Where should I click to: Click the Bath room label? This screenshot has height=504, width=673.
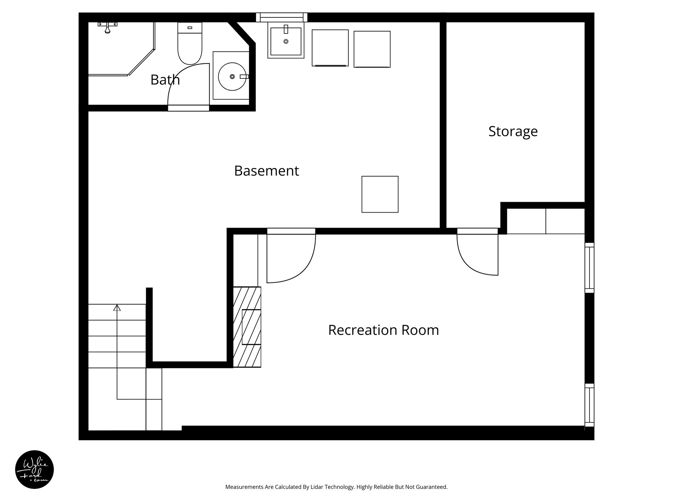165,80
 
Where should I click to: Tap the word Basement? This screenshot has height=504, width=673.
266,171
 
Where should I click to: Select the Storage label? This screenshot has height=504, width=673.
513,131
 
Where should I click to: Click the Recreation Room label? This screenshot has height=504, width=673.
383,330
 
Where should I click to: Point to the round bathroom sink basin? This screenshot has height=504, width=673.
232,76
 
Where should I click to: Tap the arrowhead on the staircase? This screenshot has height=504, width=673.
117,308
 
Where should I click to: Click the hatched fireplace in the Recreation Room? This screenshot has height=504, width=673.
247,327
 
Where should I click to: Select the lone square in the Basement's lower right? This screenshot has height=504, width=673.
380,194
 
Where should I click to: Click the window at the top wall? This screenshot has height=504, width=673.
282,17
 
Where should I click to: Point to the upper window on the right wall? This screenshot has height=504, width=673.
590,268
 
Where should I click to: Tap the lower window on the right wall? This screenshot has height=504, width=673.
590,405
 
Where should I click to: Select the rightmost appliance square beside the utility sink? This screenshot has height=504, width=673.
372,49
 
